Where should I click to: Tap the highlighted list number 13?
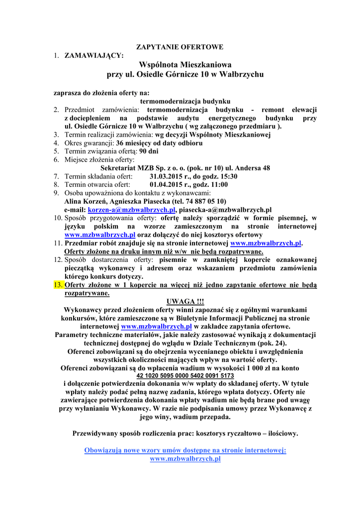[x=58, y=285]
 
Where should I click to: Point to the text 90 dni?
[x=149, y=151]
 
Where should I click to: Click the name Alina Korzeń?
[x=86, y=201]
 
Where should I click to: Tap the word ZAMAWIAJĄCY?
[x=94, y=55]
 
